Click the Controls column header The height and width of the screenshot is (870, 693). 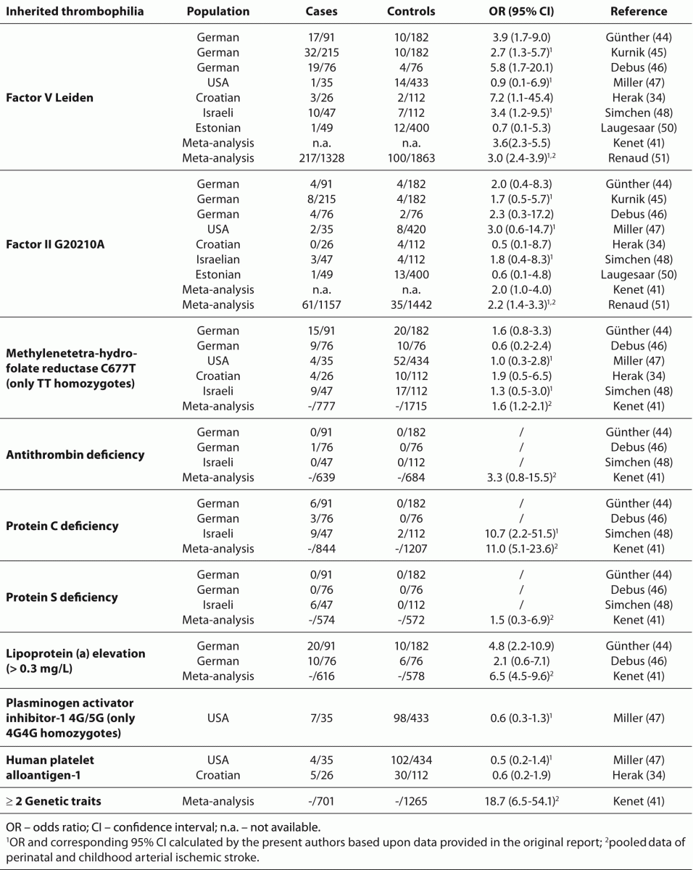tap(411, 12)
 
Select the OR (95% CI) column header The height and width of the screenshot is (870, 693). tap(521, 12)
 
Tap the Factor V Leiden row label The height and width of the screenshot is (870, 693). tap(49, 97)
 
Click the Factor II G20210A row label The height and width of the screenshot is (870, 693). tap(55, 244)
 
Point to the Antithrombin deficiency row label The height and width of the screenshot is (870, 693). tap(75, 455)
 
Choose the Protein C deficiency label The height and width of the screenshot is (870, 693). tap(62, 526)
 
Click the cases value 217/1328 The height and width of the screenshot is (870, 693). tap(321, 158)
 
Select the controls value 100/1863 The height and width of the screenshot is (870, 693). tap(411, 158)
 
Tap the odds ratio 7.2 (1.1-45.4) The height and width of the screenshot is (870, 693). tap(521, 97)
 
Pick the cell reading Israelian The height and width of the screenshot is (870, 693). tap(218, 259)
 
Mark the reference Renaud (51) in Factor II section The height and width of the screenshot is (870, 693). tap(639, 304)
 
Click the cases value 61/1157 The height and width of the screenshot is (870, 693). tap(321, 304)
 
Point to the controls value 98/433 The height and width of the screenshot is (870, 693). tap(411, 718)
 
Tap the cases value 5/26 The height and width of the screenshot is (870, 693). tap(321, 775)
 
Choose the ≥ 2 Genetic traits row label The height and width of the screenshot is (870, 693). tap(54, 801)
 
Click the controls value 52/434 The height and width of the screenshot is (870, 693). tap(411, 360)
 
